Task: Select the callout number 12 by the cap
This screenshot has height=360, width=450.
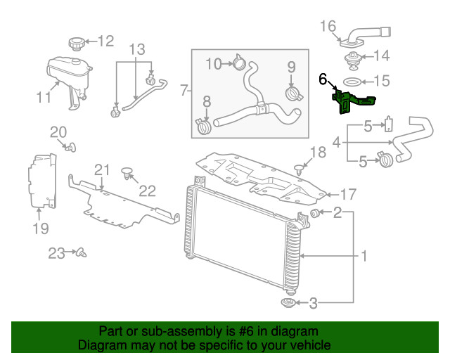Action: [105, 41]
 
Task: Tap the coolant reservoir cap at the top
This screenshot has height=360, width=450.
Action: [76, 43]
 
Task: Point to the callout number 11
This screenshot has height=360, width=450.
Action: [44, 98]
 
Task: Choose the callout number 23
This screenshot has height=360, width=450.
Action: [57, 252]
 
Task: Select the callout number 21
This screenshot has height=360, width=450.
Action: [103, 169]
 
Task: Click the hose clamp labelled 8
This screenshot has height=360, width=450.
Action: [204, 127]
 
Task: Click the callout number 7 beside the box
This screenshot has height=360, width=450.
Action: [184, 90]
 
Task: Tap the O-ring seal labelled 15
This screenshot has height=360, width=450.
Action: [354, 82]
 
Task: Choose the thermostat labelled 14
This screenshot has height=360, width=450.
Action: [352, 56]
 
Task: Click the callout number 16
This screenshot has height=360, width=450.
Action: [328, 27]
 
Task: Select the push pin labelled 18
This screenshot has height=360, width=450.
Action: [300, 167]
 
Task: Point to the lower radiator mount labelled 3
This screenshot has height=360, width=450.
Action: [288, 303]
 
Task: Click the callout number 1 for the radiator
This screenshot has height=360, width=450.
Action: [364, 256]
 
